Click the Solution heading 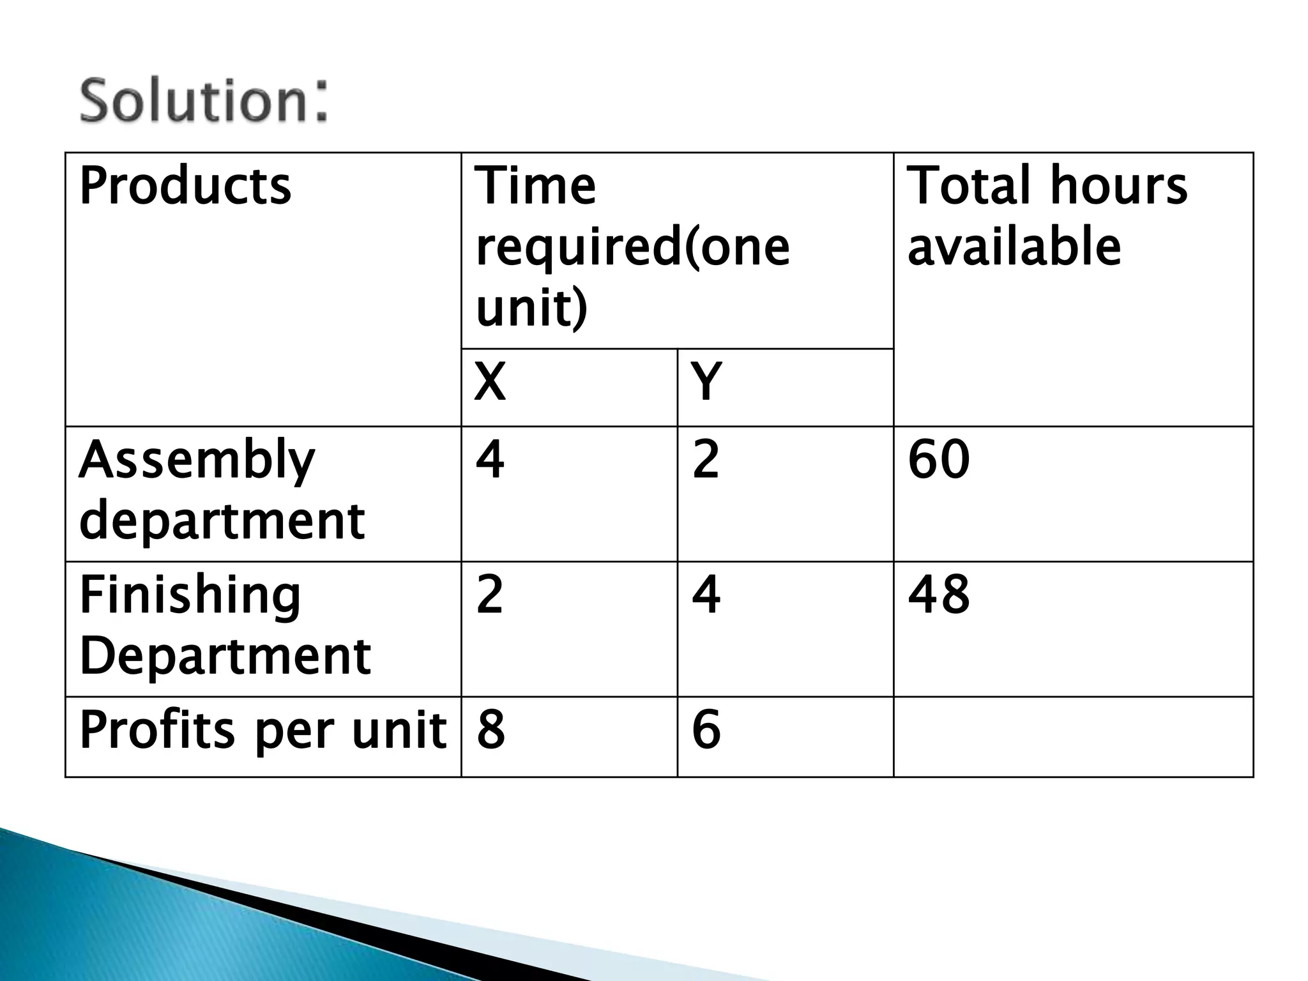point(203,100)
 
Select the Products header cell point(185,186)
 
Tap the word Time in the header point(536,186)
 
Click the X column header point(490,382)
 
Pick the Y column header point(706,382)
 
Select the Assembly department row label point(222,490)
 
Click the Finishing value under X point(490,595)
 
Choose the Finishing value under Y point(706,595)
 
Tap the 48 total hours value point(938,595)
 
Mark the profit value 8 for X point(490,730)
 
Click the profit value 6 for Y point(706,730)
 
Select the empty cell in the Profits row point(1073,736)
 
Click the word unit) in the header point(531,308)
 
